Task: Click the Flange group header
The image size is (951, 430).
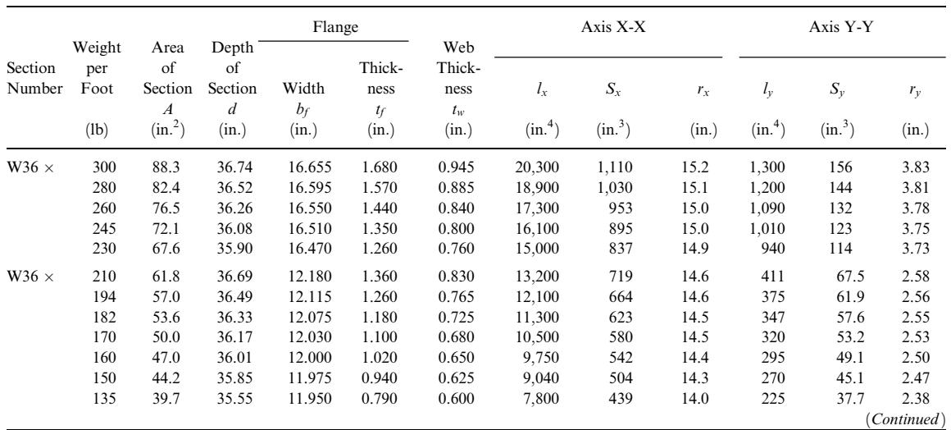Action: tap(336, 27)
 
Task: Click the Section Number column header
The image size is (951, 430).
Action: tap(34, 80)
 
